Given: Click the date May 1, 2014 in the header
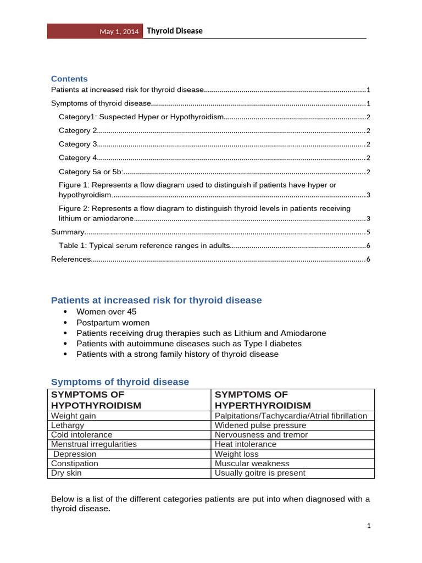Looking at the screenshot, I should coord(119,32).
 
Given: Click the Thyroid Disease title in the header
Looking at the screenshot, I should coord(174,31).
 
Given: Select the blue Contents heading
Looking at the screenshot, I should coord(69,79).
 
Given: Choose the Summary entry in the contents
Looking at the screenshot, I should coord(68,232).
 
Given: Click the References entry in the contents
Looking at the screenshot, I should coord(71,259).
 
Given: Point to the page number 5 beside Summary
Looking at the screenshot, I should coord(368,232).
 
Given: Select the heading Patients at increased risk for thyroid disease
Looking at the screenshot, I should coord(156,300).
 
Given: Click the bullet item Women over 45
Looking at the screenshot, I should coord(107,312).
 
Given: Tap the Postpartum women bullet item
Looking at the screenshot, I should coord(113,323).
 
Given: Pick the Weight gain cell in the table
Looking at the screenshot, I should coord(73,416).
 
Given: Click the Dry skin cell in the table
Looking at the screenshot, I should coord(66,472).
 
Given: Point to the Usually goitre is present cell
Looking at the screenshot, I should coord(260,472).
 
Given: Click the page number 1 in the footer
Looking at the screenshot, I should coord(369,526).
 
